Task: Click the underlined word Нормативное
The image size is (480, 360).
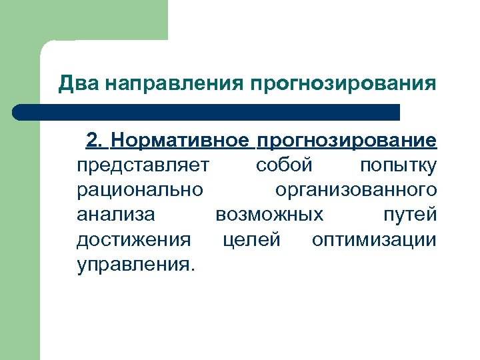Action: (180, 141)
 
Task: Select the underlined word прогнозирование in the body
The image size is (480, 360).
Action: (347, 141)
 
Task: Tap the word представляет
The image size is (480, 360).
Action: (143, 165)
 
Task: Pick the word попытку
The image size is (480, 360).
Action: (398, 165)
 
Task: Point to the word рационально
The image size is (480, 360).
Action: (140, 190)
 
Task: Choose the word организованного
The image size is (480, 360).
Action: (356, 190)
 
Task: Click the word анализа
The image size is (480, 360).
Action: (116, 215)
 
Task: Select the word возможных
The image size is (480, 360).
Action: (270, 215)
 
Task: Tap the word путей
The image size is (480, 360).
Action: (410, 215)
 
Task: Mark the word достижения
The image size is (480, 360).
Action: (133, 239)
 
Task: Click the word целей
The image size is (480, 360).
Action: (251, 239)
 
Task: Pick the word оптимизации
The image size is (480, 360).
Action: (374, 239)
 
